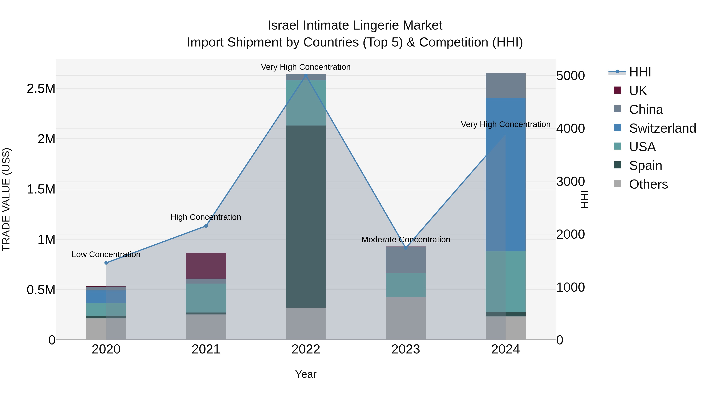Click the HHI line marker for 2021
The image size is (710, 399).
click(206, 226)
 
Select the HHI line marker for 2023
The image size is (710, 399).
click(406, 248)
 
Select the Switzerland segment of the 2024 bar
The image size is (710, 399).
click(505, 174)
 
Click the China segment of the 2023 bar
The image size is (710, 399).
click(406, 260)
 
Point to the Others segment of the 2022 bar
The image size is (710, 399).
click(306, 324)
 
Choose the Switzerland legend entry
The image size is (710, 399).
click(662, 128)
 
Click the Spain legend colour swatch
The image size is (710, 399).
click(617, 165)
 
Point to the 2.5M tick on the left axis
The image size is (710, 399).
click(41, 89)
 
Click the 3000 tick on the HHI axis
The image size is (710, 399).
click(570, 181)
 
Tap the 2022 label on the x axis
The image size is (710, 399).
click(306, 349)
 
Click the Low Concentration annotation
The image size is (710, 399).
click(106, 254)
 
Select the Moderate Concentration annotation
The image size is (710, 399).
click(406, 240)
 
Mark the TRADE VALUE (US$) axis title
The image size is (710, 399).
click(6, 199)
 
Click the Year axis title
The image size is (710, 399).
click(306, 374)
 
